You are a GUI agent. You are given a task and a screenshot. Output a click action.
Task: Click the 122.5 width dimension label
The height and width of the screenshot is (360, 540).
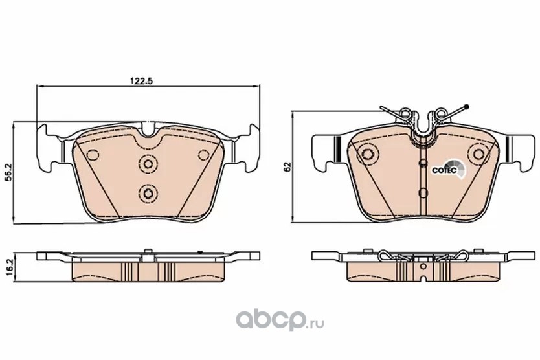click(141, 81)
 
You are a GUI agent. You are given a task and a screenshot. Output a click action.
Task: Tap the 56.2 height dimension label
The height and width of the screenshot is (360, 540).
click(10, 172)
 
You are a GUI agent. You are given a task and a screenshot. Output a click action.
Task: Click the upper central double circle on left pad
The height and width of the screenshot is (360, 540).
click(148, 163)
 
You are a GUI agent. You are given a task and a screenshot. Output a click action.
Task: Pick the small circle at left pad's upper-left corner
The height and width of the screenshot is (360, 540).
click(93, 155)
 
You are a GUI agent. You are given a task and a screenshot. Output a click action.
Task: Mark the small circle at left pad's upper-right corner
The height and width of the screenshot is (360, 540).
click(204, 155)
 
